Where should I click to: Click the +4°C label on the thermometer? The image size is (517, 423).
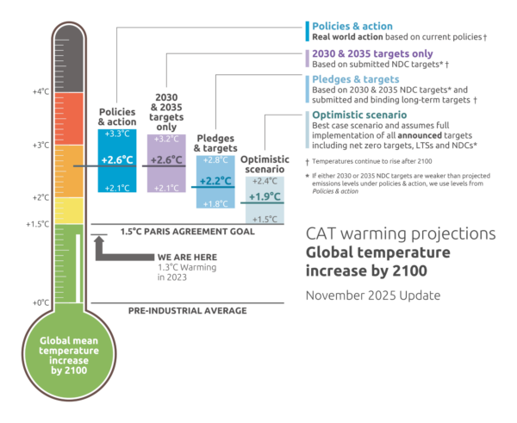pos(41,91)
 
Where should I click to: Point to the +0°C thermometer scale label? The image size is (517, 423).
pos(41,302)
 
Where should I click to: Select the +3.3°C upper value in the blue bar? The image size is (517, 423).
pos(117,135)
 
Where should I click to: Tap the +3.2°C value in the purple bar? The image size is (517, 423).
pos(165,139)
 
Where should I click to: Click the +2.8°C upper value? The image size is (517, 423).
pos(214,161)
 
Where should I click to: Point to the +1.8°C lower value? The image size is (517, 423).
pos(214,203)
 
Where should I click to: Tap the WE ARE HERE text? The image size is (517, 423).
pos(180,258)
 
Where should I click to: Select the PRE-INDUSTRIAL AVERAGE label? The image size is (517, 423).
pos(187,310)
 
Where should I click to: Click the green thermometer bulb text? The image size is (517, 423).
pos(67,358)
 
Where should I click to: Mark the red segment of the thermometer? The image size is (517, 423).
pos(67,121)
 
